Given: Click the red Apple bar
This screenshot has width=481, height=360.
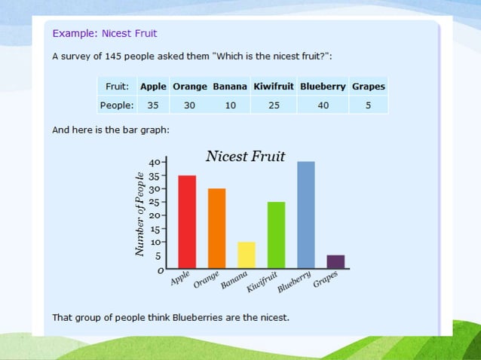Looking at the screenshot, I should (187, 222).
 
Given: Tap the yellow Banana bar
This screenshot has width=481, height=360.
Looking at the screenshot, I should (247, 255).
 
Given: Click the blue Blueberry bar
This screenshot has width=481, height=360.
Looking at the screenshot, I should (306, 215).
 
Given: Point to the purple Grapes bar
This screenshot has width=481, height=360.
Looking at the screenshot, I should (335, 261).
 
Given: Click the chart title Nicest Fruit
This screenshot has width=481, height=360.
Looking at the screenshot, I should (245, 157).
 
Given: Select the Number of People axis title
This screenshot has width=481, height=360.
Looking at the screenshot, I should (139, 207).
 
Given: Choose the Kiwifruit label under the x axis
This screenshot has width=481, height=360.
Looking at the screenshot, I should (263, 283).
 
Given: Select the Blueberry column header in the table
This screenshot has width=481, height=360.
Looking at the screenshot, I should (323, 86).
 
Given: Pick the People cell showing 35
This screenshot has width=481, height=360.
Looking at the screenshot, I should (153, 105).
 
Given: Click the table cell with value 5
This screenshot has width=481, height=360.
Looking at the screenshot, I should (368, 105).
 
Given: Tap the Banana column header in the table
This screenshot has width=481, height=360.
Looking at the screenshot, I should (230, 86).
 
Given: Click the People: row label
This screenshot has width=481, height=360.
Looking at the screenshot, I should (117, 105).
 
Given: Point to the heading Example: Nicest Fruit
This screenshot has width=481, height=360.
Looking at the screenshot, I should (105, 33).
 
